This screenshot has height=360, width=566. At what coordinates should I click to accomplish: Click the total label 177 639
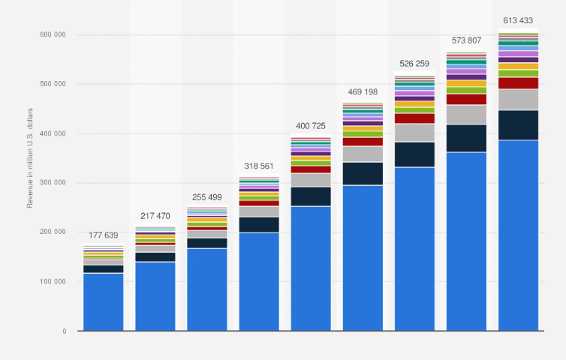pos(104,237)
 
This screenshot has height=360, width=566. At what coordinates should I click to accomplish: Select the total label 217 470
pos(155,216)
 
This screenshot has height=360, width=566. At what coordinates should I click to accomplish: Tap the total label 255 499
pos(207,197)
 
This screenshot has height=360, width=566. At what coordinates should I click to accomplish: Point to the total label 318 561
pos(259,166)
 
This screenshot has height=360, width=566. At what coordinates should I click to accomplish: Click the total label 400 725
pos(311,125)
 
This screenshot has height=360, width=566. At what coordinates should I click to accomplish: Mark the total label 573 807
pos(466,40)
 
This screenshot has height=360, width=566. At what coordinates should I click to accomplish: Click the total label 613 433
pos(518,20)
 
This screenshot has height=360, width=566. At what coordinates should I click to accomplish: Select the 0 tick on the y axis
pos(64,331)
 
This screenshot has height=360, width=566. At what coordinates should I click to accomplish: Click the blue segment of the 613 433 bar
pos(518,235)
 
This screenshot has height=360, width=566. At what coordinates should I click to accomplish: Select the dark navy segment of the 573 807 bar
pos(466,139)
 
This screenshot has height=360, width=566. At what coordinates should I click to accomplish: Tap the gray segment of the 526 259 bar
pos(414,133)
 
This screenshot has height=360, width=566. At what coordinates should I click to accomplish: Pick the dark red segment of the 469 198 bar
pos(363,142)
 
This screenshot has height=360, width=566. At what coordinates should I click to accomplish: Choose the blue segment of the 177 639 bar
pos(104,302)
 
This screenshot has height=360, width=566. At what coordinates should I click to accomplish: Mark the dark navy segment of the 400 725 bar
pos(311,196)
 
